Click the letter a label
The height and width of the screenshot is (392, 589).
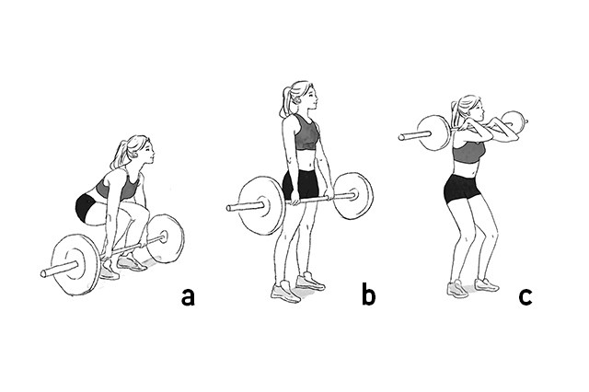point(188,296)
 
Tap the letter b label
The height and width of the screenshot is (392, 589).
point(368,294)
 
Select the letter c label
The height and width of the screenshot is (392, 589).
point(525,296)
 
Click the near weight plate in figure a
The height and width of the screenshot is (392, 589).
point(75,264)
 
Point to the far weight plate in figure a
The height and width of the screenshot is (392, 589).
point(166,238)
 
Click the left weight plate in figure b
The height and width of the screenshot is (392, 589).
point(261,205)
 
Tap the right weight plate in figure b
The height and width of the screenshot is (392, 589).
point(352,195)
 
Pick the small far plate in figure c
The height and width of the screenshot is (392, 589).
point(514,120)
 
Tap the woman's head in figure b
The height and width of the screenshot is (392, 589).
point(303,96)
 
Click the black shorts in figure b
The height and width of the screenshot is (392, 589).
point(301,185)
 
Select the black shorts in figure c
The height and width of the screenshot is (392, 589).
point(461,189)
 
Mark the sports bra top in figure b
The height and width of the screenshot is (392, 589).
point(306,133)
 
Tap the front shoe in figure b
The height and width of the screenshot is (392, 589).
point(285,292)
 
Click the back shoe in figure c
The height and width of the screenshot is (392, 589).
point(487,285)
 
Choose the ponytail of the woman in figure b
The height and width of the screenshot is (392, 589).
point(285,102)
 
